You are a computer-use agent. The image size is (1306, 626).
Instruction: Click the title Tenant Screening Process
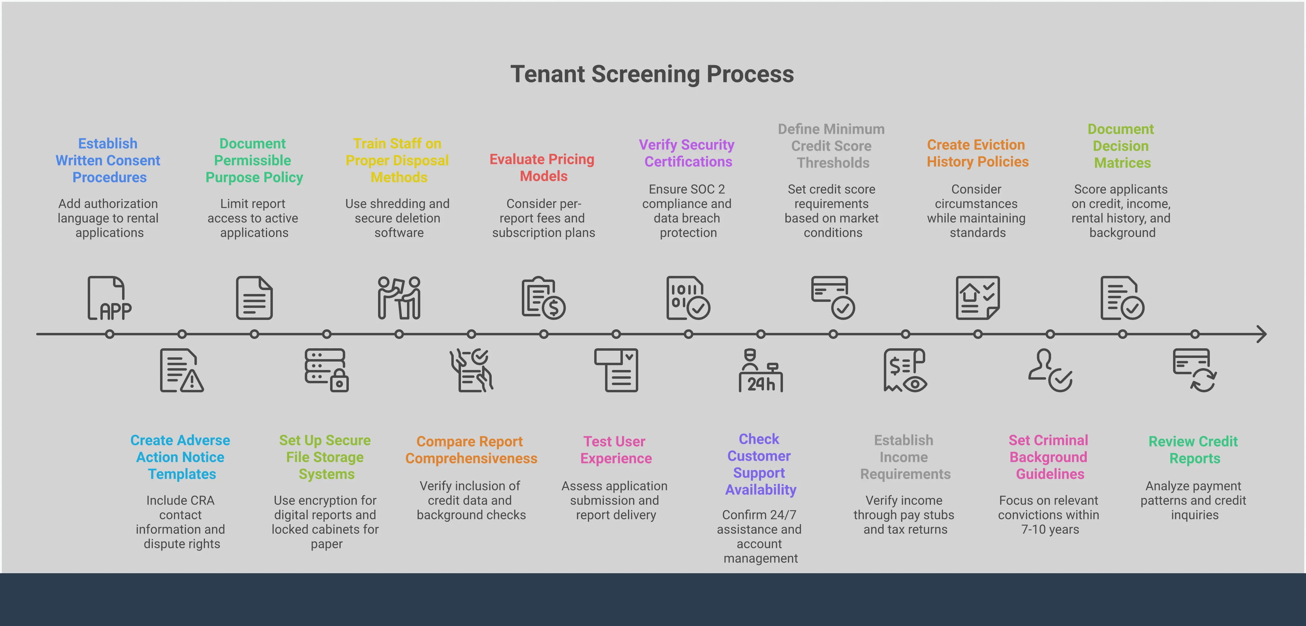pos(652,74)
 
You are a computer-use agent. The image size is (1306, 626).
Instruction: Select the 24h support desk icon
pos(761,371)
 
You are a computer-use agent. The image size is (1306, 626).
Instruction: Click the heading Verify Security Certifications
pos(687,153)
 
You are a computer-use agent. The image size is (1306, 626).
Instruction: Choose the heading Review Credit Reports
pos(1194,450)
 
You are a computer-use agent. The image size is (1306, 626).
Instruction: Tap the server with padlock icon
pos(326,371)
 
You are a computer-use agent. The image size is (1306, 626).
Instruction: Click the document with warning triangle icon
pos(181,371)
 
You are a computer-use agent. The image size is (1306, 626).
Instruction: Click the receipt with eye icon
pos(905,371)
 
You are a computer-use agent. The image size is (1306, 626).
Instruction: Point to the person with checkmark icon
pos(1050,371)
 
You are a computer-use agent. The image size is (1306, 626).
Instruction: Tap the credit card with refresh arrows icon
pos(1194,371)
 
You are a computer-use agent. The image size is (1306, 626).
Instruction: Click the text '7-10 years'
pos(1049,530)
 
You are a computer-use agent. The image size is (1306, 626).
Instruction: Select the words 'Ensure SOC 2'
pos(687,189)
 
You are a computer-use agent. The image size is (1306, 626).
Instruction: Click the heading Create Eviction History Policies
pos(977,153)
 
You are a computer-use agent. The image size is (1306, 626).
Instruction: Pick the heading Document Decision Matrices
pos(1121,146)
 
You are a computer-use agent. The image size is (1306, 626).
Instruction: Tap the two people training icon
pos(399,298)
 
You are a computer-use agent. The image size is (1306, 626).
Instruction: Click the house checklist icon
pos(977,298)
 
